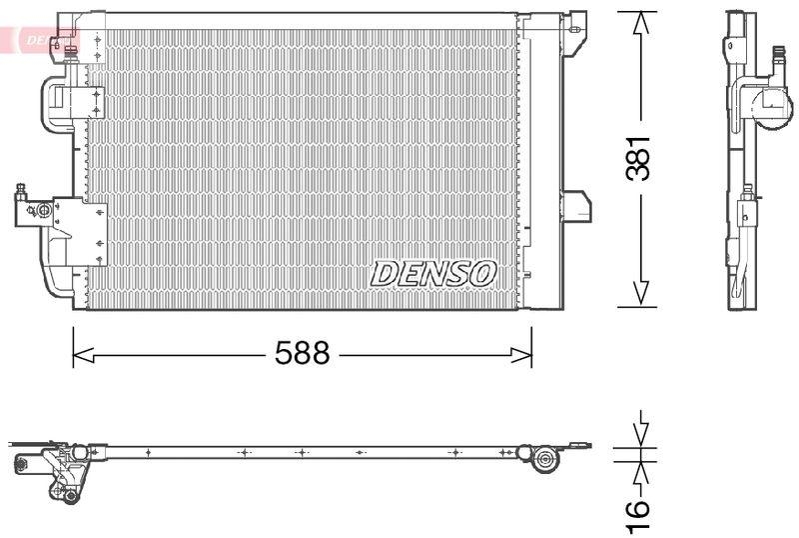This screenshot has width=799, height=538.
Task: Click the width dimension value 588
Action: [x=302, y=354]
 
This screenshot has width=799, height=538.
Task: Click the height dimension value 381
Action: [x=639, y=157]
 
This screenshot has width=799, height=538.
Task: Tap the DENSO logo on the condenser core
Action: [x=433, y=272]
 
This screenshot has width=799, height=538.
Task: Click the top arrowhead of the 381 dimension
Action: [x=639, y=23]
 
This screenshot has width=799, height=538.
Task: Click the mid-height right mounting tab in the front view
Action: [x=576, y=205]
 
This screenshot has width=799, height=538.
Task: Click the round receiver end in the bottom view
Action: [x=545, y=459]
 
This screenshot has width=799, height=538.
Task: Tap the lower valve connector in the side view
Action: [x=744, y=212]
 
